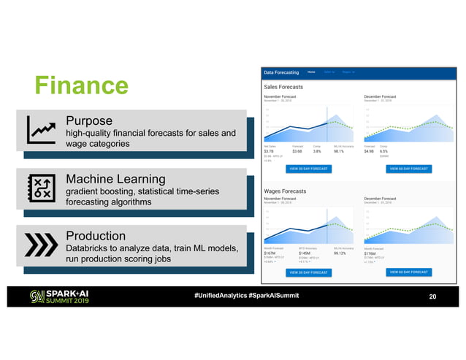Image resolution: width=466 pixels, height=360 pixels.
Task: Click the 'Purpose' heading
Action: click(x=88, y=120)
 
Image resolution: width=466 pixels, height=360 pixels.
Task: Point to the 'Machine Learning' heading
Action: click(x=115, y=179)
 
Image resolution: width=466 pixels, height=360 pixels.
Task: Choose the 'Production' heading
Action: click(x=96, y=237)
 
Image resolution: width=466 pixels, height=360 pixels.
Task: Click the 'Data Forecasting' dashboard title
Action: click(x=282, y=72)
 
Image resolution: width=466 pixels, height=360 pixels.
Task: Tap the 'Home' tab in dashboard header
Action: click(x=312, y=72)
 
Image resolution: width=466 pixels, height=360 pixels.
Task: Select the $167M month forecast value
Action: click(x=270, y=253)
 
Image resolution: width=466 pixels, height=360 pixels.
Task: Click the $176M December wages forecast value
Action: click(x=371, y=253)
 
